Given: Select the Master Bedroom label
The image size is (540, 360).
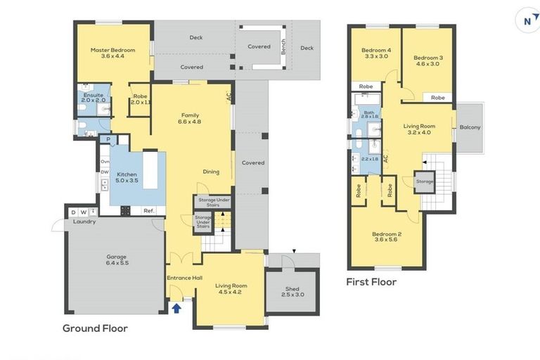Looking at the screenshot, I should click(x=112, y=53).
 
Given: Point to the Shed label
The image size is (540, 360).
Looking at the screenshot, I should click(x=292, y=292).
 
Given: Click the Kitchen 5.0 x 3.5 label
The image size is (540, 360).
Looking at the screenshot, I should click(x=127, y=176).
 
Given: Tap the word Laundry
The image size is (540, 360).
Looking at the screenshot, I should click(x=84, y=221).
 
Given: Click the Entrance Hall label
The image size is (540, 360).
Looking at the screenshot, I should click(x=184, y=278).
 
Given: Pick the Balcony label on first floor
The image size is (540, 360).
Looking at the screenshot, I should click(x=470, y=127).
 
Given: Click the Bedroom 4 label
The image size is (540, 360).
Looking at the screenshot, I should click(x=375, y=53).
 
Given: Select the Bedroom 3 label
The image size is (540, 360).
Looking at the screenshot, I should click(x=427, y=60).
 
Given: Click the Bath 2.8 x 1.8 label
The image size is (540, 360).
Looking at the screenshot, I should click(x=370, y=114).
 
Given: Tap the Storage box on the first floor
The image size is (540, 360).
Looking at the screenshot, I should click(x=425, y=181).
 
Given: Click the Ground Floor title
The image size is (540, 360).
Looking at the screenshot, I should click(x=95, y=328).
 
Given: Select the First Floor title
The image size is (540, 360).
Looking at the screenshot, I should click(x=371, y=282).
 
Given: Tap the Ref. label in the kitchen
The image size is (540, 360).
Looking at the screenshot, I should click(x=148, y=210).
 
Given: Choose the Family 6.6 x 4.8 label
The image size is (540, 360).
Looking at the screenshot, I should click(x=191, y=118).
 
